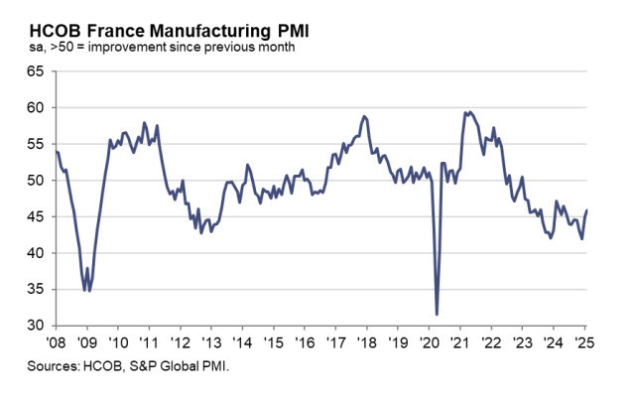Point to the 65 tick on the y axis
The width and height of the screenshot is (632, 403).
pos(36,71)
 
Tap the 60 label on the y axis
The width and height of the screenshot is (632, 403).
pos(36,107)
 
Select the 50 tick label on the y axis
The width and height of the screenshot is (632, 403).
pos(36,181)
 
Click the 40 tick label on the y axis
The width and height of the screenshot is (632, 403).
pos(36,253)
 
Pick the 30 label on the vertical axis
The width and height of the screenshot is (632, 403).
pos(36,326)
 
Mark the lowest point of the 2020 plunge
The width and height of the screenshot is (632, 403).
pos(438,315)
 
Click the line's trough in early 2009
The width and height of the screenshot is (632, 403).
pos(87,290)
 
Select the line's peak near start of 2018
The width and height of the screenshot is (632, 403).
pos(364,116)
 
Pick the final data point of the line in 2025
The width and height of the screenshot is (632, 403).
pos(586,210)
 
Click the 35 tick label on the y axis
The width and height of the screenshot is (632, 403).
pos(36,290)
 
